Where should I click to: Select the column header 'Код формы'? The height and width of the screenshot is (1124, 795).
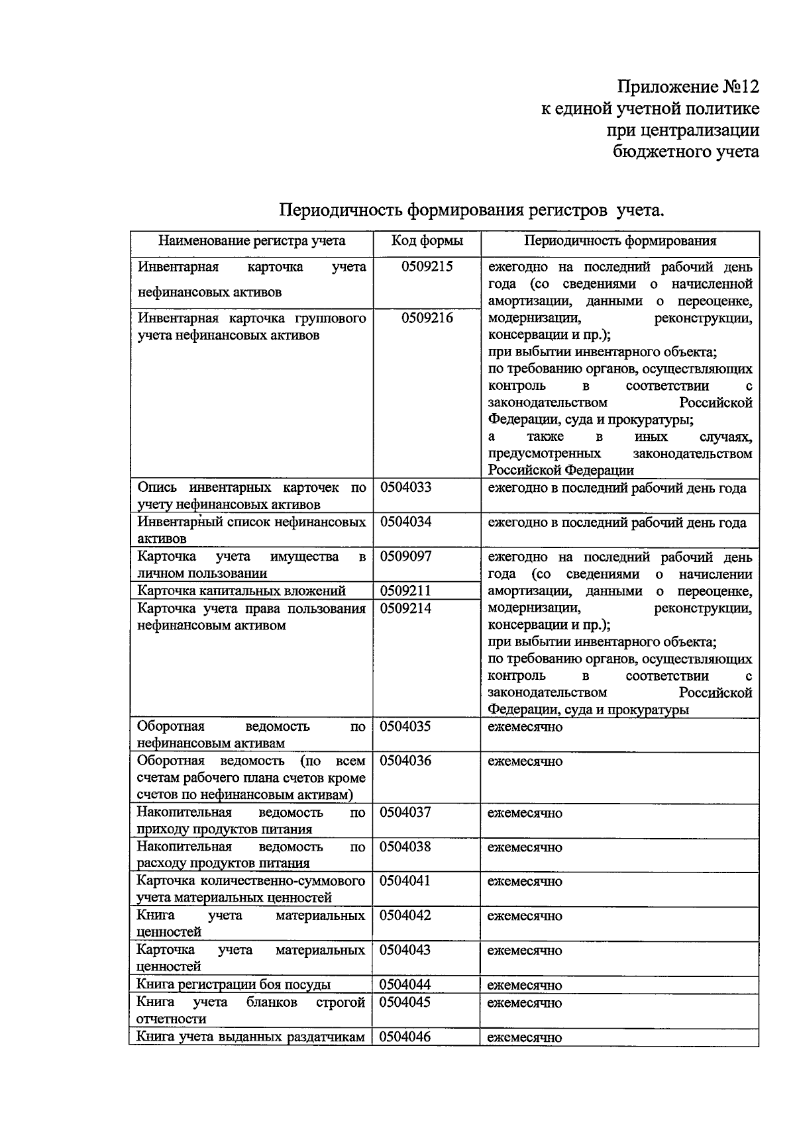(427, 241)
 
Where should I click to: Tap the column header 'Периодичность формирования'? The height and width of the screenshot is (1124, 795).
(619, 241)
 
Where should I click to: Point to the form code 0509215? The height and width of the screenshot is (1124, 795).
(427, 267)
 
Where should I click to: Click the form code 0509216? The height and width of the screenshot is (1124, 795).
(427, 318)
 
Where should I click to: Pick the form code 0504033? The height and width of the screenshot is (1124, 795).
(405, 488)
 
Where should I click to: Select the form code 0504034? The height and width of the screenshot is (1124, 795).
(405, 522)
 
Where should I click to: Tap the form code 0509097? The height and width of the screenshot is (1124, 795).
(405, 557)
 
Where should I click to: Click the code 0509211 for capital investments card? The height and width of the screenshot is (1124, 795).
(405, 590)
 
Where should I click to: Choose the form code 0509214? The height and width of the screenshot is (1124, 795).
(405, 608)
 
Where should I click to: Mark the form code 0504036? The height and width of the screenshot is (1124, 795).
(405, 761)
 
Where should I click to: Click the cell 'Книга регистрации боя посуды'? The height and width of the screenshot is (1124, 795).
(233, 984)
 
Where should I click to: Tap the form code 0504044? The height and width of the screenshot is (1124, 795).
(405, 984)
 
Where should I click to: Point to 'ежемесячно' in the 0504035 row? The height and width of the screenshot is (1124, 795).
(525, 727)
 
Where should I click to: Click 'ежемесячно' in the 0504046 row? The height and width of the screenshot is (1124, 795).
(525, 1037)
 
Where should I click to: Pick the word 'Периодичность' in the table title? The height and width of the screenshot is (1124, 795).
(340, 211)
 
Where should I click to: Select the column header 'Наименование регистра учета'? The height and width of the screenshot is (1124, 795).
(252, 241)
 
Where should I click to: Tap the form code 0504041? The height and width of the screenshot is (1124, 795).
(405, 881)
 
